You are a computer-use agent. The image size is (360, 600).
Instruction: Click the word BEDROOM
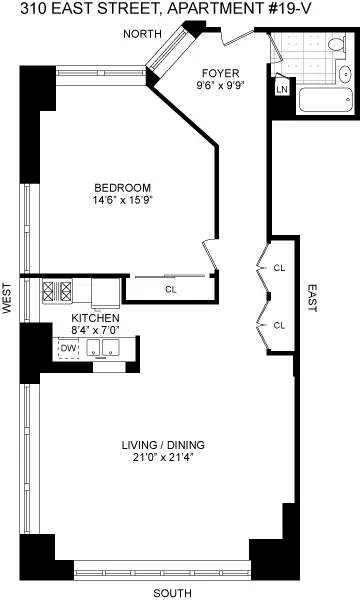(122, 188)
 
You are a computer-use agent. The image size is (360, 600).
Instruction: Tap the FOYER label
(218, 73)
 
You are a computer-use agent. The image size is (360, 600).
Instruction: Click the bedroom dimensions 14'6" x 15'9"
(122, 200)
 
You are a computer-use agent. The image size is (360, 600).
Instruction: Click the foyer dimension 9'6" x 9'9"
(218, 86)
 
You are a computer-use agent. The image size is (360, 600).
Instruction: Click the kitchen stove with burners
(56, 292)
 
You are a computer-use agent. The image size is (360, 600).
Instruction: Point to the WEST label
(8, 298)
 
